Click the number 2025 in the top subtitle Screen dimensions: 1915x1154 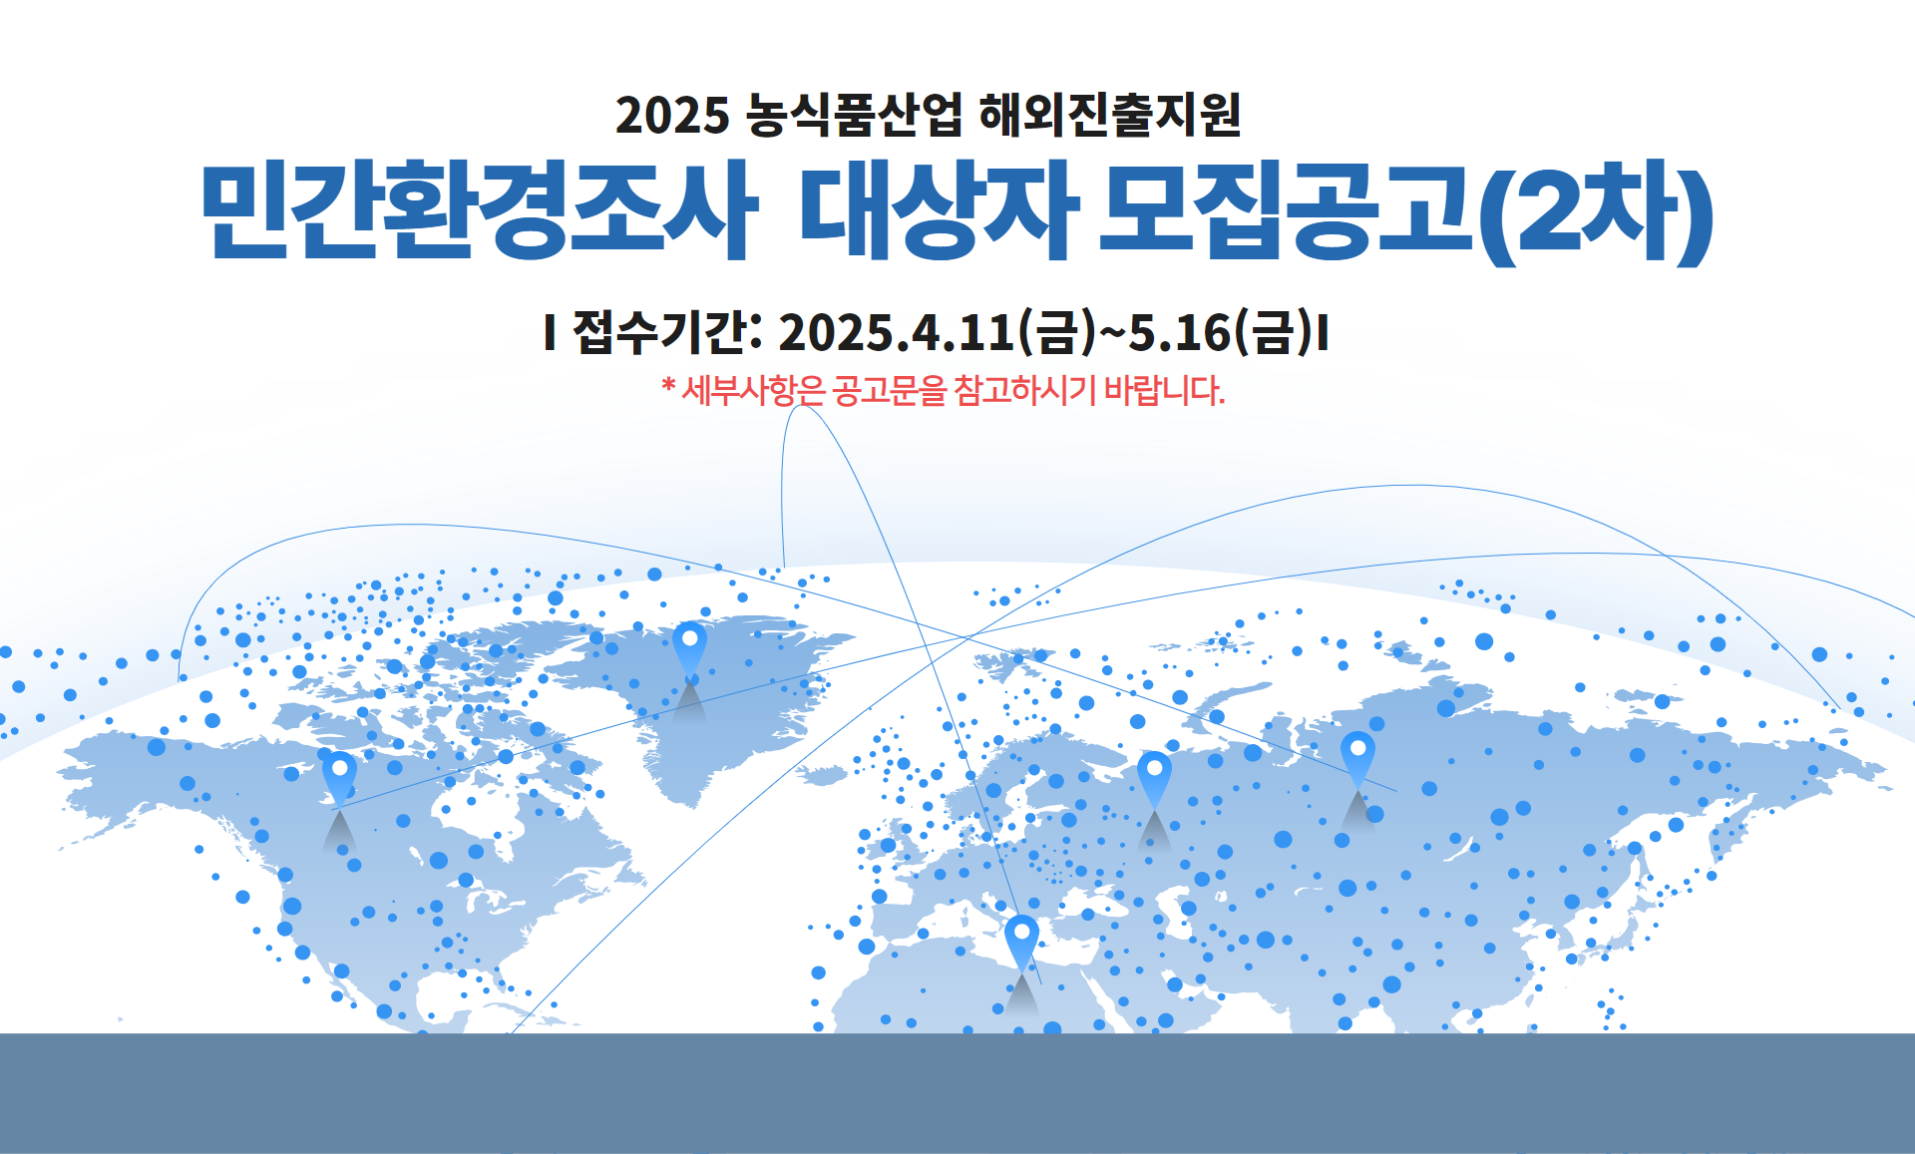tap(672, 116)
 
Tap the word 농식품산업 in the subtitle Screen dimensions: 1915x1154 tap(855, 115)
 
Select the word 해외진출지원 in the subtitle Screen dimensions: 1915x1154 tap(1110, 115)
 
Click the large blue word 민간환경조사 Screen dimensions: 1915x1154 tap(478, 210)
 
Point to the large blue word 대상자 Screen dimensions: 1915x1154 tap(939, 210)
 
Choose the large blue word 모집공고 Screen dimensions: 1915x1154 tap(1287, 210)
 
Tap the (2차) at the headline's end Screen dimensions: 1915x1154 tap(1596, 212)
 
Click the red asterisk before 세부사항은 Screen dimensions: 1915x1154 tap(668, 385)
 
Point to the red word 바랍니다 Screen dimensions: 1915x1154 tap(1164, 390)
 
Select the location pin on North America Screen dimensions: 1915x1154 tap(339, 779)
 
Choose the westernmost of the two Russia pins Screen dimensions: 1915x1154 tap(1154, 779)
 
